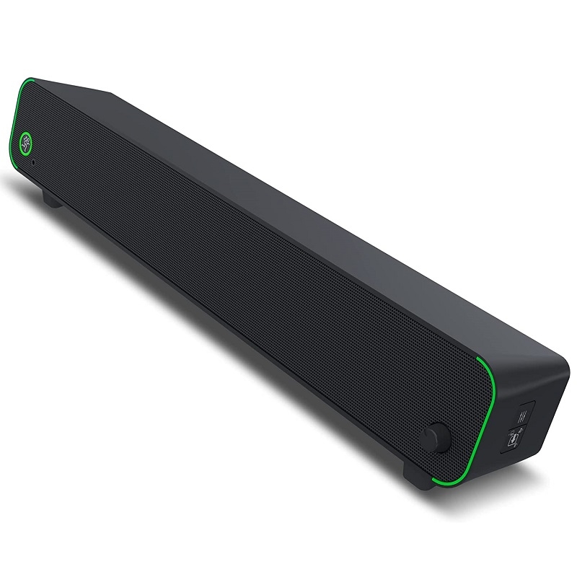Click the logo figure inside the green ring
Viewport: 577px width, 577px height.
tap(27, 141)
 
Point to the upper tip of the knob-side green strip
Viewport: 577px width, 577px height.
tap(477, 358)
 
